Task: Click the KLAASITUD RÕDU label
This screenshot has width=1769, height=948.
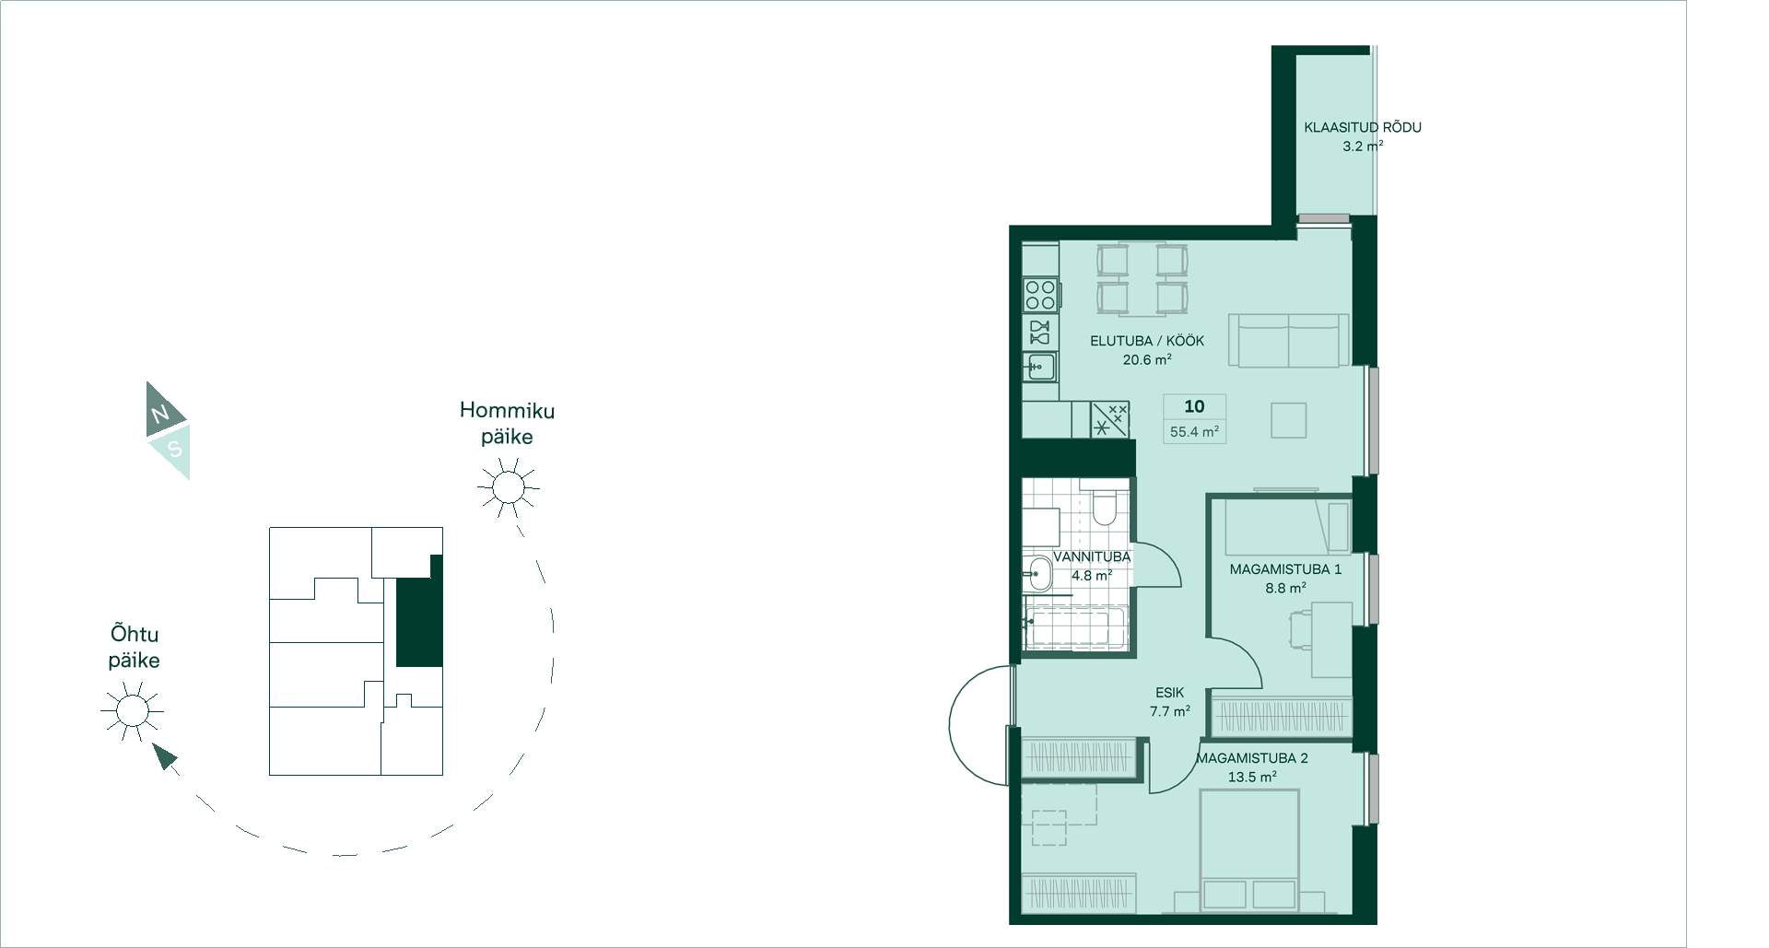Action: pos(1362,127)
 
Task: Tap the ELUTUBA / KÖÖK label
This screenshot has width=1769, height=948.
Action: pos(1147,341)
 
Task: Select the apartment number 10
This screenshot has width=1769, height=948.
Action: pos(1194,406)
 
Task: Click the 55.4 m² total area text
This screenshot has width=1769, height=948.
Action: pos(1194,431)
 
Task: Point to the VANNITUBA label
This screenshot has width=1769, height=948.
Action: pos(1092,556)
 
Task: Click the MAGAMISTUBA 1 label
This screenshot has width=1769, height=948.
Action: pos(1285,569)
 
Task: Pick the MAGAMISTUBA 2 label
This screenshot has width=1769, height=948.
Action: pos(1252,758)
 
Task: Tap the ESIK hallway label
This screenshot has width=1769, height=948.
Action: pos(1169,693)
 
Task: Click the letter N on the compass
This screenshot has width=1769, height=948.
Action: pos(160,414)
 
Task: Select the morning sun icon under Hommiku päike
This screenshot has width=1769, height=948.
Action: pos(508,486)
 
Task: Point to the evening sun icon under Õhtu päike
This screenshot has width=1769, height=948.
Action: pos(132,710)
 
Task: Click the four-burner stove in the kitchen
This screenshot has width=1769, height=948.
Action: pos(1040,295)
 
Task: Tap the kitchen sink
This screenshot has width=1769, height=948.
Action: pos(1039,367)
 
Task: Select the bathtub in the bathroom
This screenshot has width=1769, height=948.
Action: pos(1074,627)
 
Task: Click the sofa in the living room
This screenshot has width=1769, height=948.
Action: pos(1289,340)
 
